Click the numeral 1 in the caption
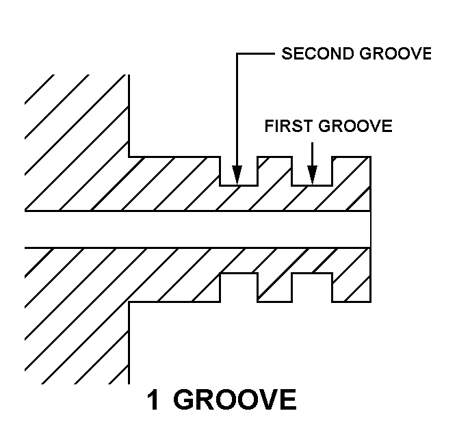155,400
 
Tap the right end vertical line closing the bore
370,229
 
